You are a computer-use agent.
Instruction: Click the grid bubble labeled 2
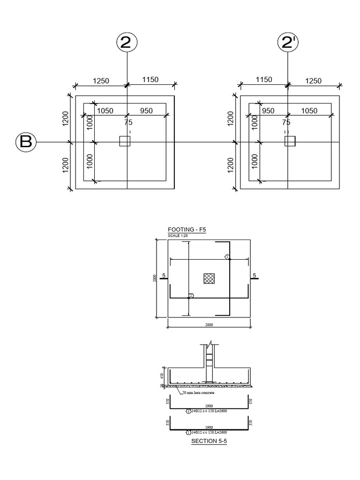(126, 43)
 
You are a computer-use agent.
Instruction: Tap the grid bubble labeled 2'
(288, 43)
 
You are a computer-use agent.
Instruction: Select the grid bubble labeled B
(26, 142)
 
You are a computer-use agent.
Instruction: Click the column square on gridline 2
(125, 141)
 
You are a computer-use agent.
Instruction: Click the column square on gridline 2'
(290, 141)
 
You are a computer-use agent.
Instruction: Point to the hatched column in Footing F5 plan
(209, 278)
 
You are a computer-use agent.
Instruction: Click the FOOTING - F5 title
(187, 230)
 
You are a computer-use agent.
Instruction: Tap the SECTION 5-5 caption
(209, 441)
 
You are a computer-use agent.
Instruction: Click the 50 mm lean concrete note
(196, 393)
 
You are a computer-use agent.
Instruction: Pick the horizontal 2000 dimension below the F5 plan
(209, 325)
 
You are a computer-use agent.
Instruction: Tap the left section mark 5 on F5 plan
(163, 276)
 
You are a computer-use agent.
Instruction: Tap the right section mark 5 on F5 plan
(255, 276)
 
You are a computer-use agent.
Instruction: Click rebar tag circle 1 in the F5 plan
(227, 257)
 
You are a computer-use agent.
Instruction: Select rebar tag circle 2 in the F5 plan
(190, 296)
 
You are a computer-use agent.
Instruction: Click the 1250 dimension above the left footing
(101, 81)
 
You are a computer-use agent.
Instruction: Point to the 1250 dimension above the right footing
(314, 81)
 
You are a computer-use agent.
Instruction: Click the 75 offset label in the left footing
(128, 122)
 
